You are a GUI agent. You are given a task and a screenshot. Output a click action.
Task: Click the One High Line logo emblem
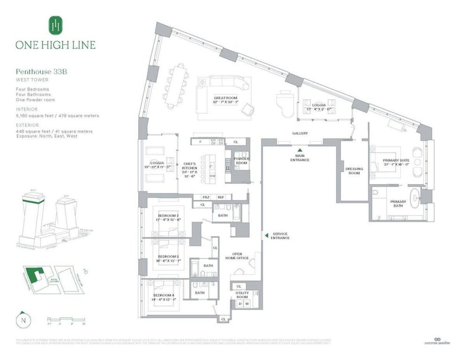click(56, 25)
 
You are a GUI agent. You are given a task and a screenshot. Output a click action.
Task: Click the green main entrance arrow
click(299, 150)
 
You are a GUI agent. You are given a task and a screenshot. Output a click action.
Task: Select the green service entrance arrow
click(266, 235)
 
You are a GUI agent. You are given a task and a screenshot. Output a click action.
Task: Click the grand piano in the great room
click(284, 103)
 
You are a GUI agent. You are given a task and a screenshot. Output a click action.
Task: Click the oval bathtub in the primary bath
click(416, 198)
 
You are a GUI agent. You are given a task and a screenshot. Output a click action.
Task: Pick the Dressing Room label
click(354, 171)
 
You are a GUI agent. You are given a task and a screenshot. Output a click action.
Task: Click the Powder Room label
click(242, 161)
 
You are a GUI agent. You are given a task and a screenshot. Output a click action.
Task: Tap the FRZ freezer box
click(206, 197)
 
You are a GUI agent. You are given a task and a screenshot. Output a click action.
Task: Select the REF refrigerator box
click(221, 197)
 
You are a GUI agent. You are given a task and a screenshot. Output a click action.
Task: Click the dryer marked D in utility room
click(240, 304)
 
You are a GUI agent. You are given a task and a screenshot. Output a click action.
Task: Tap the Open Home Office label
click(237, 256)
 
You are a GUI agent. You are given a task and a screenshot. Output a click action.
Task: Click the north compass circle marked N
click(23, 320)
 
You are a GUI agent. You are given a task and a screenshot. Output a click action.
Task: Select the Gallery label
click(300, 133)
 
